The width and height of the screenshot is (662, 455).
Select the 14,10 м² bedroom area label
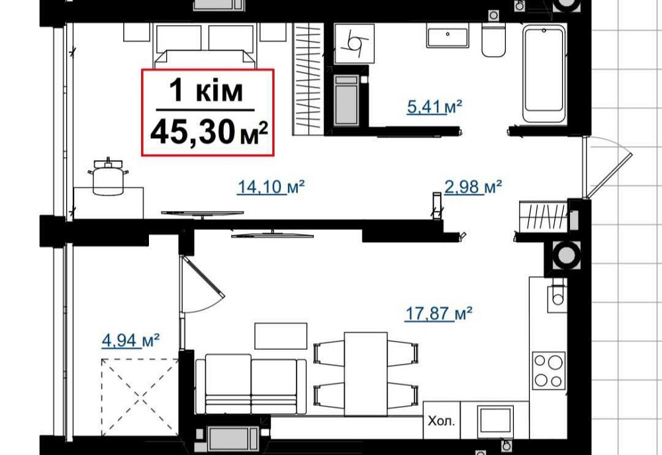point(270,188)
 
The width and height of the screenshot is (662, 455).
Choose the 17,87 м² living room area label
point(438,313)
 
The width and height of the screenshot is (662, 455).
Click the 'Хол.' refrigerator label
point(441,420)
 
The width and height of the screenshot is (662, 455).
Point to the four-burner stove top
point(549,370)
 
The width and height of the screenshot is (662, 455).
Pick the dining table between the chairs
point(366,373)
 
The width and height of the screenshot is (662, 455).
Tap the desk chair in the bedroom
point(108,179)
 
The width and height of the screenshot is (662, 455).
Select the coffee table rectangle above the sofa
point(281,335)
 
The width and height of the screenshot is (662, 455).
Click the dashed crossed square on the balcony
point(140,395)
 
